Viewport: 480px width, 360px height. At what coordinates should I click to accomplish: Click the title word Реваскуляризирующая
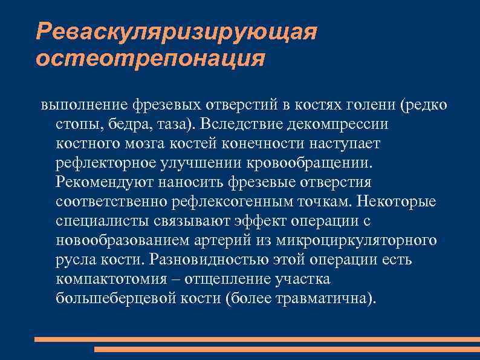tap(177, 31)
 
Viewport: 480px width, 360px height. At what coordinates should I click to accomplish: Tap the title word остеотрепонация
tap(150, 59)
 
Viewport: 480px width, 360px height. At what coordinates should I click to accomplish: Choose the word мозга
tap(167, 144)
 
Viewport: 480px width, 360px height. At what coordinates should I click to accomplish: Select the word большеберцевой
tap(115, 299)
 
